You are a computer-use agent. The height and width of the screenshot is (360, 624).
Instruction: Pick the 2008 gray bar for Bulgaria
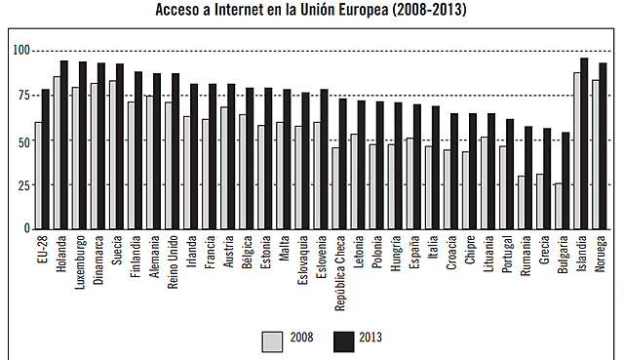click(559, 206)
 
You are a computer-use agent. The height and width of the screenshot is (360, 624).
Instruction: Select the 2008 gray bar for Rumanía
click(522, 202)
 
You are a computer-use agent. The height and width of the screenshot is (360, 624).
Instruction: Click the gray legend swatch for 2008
click(272, 340)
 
